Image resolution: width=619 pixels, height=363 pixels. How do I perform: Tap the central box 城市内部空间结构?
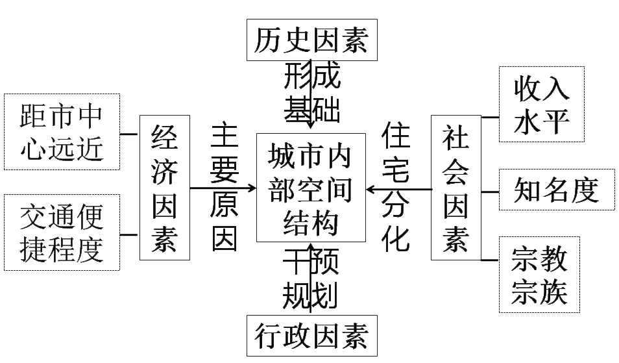click(x=310, y=188)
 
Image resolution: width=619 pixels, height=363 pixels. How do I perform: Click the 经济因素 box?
click(x=165, y=188)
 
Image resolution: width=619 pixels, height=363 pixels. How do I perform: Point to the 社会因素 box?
click(x=455, y=188)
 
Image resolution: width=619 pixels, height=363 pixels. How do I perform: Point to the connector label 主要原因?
click(x=225, y=188)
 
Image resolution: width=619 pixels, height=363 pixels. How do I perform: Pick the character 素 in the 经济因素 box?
click(x=165, y=241)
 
